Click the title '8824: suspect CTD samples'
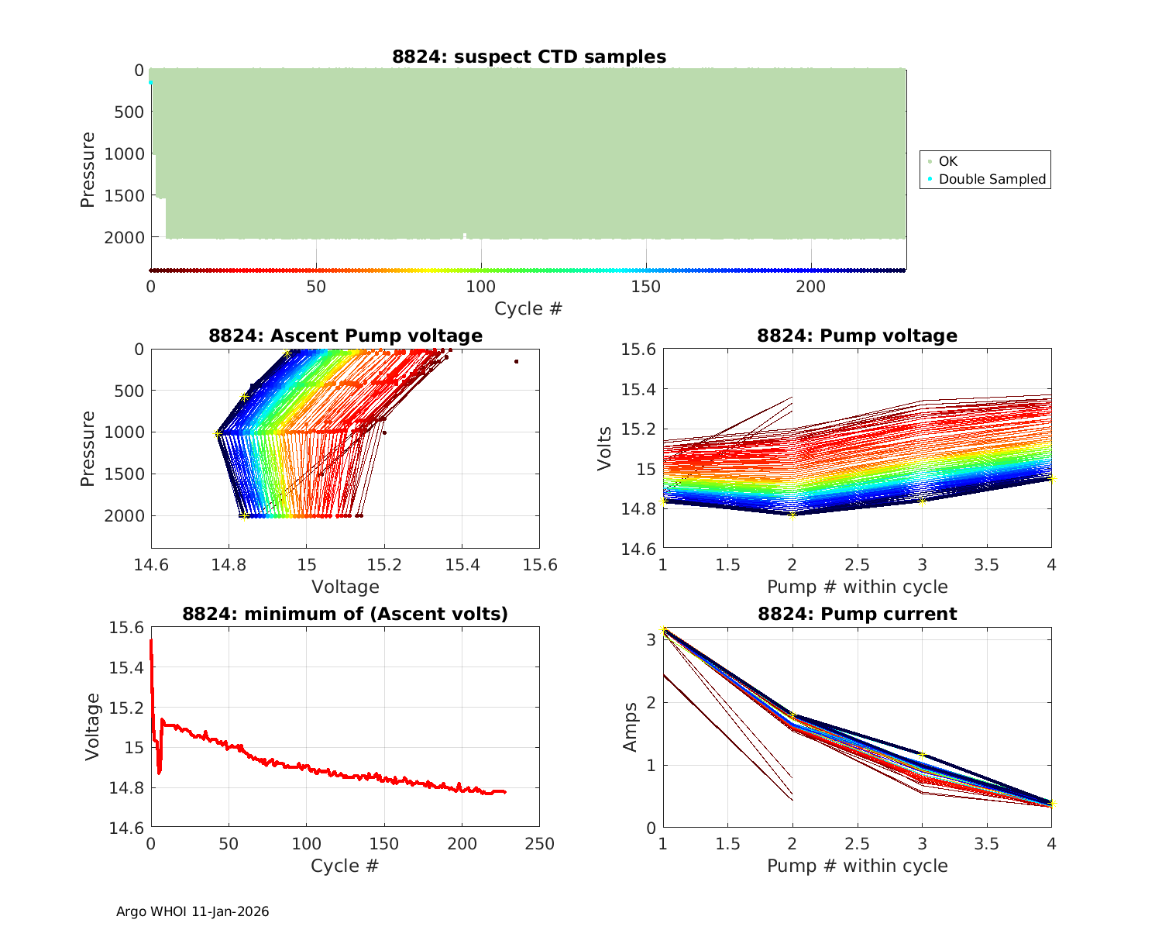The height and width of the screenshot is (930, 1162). pos(529,57)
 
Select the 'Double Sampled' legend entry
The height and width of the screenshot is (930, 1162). pos(992,179)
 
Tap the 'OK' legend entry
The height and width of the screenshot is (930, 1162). pos(947,161)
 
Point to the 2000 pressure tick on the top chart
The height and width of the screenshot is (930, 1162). pos(123,237)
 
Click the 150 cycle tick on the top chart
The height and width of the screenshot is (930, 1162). pos(646,287)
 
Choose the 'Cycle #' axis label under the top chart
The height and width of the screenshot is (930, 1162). pos(528,308)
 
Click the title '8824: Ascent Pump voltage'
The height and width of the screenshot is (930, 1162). pos(346,336)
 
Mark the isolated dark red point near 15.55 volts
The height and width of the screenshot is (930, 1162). pos(516,361)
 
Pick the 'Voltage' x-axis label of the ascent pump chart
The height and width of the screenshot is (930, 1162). pos(346,587)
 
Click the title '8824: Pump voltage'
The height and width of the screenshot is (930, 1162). pos(857,336)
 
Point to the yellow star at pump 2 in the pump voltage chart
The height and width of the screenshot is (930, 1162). pos(792,515)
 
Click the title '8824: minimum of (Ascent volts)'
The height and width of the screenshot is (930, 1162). pos(346,614)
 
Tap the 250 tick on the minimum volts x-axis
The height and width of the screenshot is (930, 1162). pos(539,844)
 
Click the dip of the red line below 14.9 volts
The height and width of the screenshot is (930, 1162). pos(159,772)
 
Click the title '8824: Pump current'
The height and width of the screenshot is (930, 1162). pos(857,614)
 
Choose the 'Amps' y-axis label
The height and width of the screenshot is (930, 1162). pos(631,727)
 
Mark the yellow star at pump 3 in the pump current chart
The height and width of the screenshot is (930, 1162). pos(922,754)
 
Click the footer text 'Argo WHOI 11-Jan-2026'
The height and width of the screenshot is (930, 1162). pos(193,911)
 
